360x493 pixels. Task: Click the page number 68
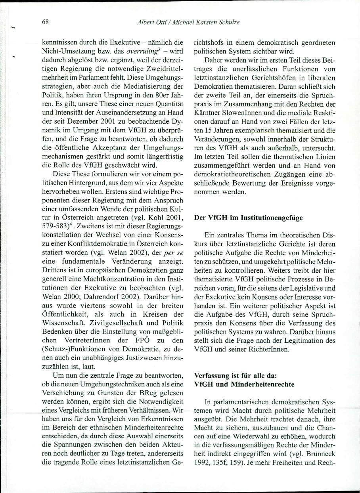tap(45, 22)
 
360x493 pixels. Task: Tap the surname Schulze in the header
tap(229, 22)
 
